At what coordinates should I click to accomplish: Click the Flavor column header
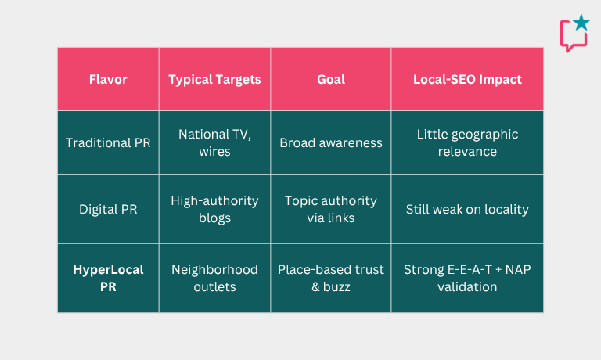click(x=108, y=79)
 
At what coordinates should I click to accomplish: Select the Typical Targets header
click(x=214, y=80)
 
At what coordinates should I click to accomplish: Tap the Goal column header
click(x=331, y=79)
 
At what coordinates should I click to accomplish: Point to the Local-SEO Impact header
click(x=467, y=80)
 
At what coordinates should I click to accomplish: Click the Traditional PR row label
click(x=108, y=142)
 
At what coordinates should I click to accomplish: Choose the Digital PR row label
click(x=108, y=209)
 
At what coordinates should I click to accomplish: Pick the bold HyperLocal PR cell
click(x=108, y=278)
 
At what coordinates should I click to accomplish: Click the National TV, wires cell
click(x=214, y=142)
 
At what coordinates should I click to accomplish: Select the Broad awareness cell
click(x=331, y=142)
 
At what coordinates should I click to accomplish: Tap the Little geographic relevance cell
click(x=467, y=142)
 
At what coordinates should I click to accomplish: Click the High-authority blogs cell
click(x=214, y=209)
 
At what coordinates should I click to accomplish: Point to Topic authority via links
click(x=331, y=209)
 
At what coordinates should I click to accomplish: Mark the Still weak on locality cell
click(x=467, y=209)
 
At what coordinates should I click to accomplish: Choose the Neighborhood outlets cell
click(x=214, y=278)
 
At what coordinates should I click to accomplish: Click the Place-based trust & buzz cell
click(x=331, y=278)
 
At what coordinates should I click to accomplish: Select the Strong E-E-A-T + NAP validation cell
click(x=467, y=278)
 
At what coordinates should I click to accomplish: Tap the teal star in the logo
click(x=581, y=22)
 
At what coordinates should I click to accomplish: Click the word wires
click(x=214, y=152)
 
